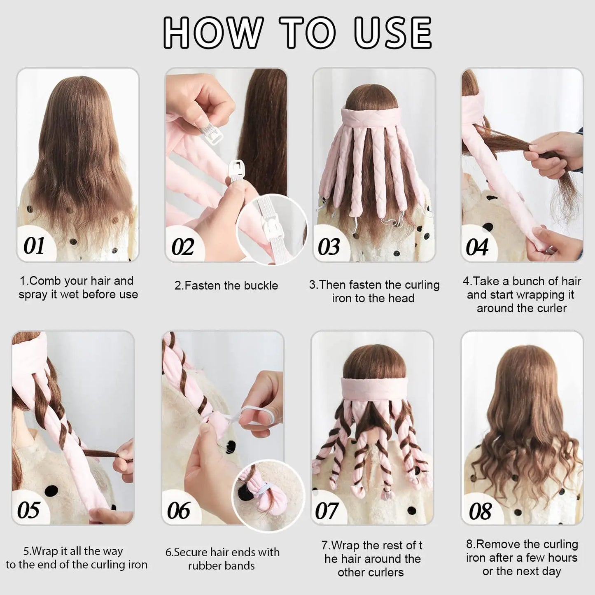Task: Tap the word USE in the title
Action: [x=393, y=32]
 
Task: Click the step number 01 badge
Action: [x=34, y=246]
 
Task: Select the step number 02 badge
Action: [x=182, y=247]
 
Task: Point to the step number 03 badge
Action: [x=329, y=247]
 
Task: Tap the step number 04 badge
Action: [x=477, y=247]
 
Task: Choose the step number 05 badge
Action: [x=29, y=510]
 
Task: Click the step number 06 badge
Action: [x=179, y=511]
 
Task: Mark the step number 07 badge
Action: [x=327, y=511]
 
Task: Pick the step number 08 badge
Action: [x=480, y=511]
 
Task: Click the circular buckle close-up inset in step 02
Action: [x=272, y=229]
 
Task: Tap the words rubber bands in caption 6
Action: [x=222, y=566]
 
